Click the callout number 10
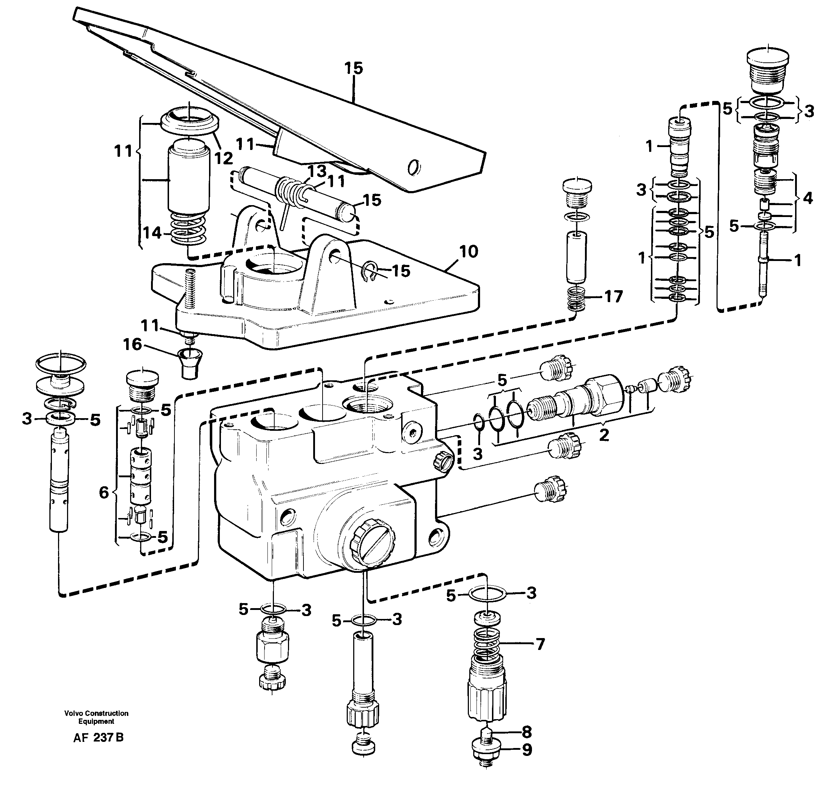coord(469,252)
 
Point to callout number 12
coord(223,158)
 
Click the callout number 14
coord(152,233)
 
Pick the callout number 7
coord(540,645)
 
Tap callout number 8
coord(526,732)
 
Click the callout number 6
coord(104,492)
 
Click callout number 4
coord(807,198)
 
